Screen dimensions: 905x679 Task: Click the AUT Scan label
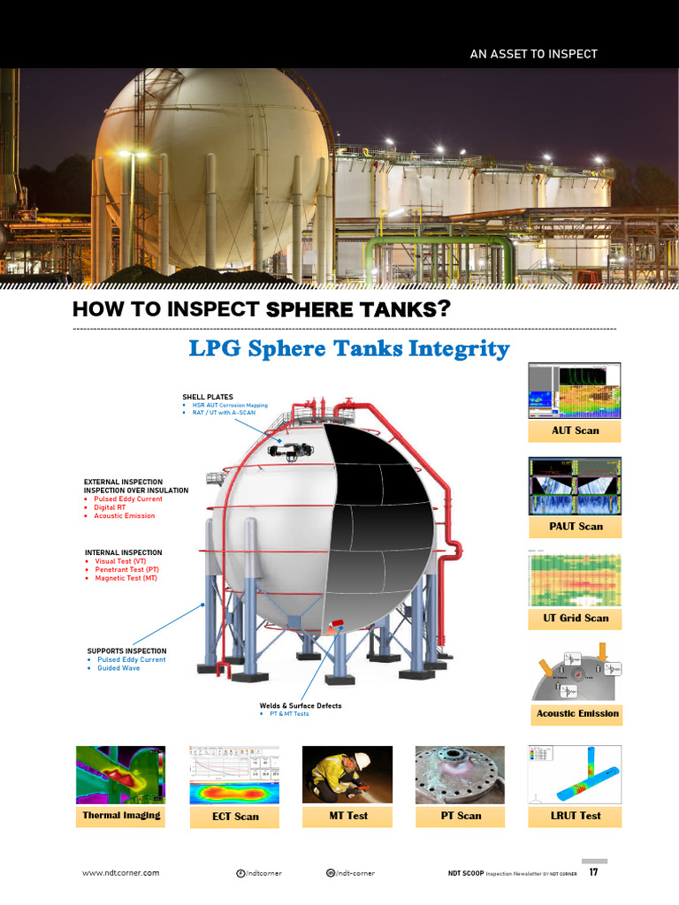(x=575, y=430)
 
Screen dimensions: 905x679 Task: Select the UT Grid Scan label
(x=576, y=618)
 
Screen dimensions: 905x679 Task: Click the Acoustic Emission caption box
(x=578, y=713)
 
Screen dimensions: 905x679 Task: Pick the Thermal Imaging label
(x=121, y=815)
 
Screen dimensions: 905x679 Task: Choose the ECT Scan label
(x=235, y=817)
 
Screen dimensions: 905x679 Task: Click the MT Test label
(x=348, y=816)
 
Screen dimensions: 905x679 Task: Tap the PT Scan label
(x=461, y=816)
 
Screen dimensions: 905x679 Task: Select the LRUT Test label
(x=576, y=816)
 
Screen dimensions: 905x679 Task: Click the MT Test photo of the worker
(x=347, y=774)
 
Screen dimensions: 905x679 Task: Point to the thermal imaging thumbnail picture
(x=121, y=774)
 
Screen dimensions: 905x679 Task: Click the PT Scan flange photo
(x=461, y=774)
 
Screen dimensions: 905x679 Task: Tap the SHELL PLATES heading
(x=208, y=398)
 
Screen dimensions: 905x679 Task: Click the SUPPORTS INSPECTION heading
(x=126, y=651)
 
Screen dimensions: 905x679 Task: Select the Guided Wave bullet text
(x=118, y=668)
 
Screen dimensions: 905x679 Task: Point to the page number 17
(x=593, y=873)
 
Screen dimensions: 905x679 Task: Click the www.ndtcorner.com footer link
(x=121, y=873)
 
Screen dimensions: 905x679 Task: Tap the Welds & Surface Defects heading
(x=300, y=706)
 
